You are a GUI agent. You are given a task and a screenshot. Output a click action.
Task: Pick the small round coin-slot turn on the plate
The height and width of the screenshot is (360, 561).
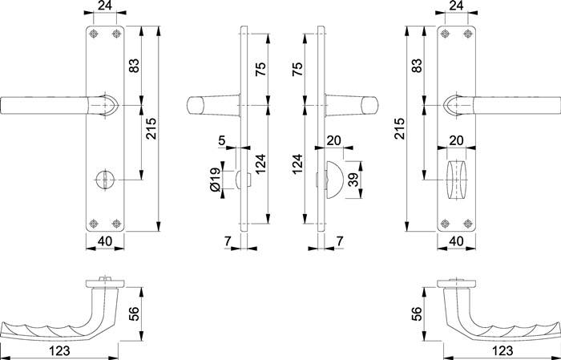pyautogui.click(x=103, y=176)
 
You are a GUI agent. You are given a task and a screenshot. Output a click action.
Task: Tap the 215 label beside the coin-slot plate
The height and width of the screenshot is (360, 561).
pyautogui.click(x=150, y=129)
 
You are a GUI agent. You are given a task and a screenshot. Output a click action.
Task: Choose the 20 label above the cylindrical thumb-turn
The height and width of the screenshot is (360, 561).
pyautogui.click(x=457, y=140)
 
